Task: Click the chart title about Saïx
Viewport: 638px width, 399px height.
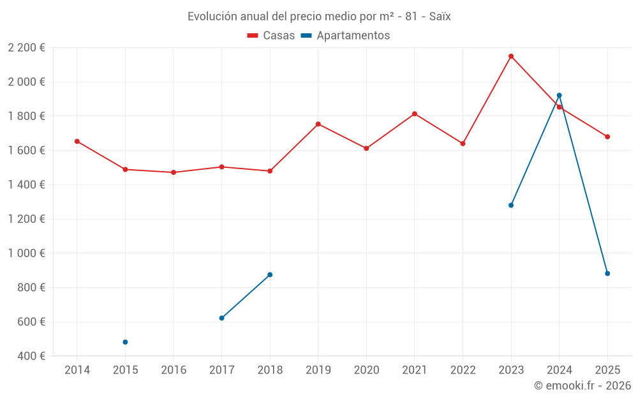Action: click(x=319, y=17)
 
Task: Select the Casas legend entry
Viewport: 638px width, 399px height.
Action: click(x=271, y=36)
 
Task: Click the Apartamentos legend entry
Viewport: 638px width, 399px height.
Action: click(x=345, y=36)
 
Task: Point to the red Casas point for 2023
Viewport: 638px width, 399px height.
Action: click(x=511, y=56)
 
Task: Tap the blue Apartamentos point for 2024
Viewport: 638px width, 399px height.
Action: click(x=560, y=95)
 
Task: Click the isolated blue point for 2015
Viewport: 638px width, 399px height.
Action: click(x=125, y=342)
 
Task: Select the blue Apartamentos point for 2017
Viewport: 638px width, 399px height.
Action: click(x=222, y=318)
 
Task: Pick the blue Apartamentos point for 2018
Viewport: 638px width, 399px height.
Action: click(x=270, y=275)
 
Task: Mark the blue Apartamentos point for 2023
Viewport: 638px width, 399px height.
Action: click(x=511, y=205)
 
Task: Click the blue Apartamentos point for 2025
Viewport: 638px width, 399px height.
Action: click(x=607, y=273)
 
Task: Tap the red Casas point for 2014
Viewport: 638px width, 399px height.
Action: click(x=77, y=141)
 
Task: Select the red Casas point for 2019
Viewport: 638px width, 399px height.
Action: click(x=318, y=124)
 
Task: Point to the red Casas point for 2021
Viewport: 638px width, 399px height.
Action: click(x=415, y=114)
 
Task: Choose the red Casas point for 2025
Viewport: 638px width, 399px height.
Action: click(x=607, y=137)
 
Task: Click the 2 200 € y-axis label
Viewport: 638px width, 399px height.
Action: click(x=26, y=48)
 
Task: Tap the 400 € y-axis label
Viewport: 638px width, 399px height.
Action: click(x=32, y=356)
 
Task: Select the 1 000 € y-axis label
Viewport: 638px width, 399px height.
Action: click(x=26, y=253)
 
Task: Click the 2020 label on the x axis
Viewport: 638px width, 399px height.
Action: click(x=366, y=370)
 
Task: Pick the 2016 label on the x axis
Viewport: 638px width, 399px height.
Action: click(x=174, y=370)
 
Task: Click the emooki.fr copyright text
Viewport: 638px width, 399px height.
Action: click(x=582, y=386)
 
